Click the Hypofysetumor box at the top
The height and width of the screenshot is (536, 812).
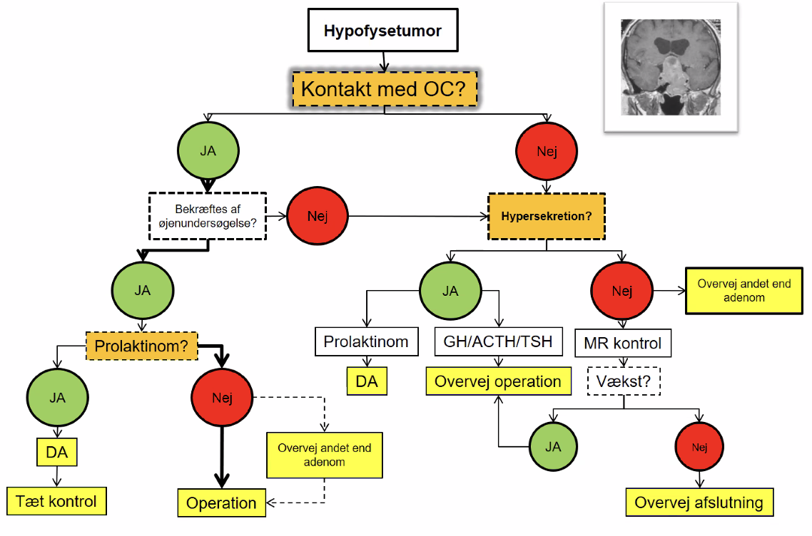(x=382, y=31)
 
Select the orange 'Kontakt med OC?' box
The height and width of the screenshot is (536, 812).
(x=385, y=89)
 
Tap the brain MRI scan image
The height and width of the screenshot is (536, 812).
(x=671, y=67)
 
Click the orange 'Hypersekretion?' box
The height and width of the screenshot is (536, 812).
(x=547, y=216)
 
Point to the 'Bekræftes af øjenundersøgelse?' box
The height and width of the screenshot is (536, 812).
(x=208, y=216)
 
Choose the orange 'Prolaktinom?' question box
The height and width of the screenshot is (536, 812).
(x=141, y=346)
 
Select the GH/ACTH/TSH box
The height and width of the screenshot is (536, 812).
(x=498, y=341)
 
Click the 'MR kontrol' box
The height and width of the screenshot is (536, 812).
(x=623, y=343)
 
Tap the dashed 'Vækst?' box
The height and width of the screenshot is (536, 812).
(x=624, y=381)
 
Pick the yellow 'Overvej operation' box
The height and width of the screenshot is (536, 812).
(x=498, y=381)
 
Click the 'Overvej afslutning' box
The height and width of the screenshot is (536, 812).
(x=699, y=502)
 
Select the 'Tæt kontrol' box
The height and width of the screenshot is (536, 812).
(x=56, y=501)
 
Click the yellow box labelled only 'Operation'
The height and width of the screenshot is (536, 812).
(x=222, y=503)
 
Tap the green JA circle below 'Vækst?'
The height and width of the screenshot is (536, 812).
(x=553, y=446)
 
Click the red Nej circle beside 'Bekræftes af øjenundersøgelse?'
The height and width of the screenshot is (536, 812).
(x=318, y=216)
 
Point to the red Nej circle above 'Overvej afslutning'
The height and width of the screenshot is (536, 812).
(x=700, y=446)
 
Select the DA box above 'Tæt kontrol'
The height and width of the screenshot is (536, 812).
(x=57, y=452)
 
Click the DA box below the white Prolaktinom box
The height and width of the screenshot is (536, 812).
(x=367, y=381)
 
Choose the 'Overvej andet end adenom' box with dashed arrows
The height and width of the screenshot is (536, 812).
(x=325, y=455)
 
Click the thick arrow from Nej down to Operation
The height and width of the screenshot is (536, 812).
(x=222, y=456)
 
